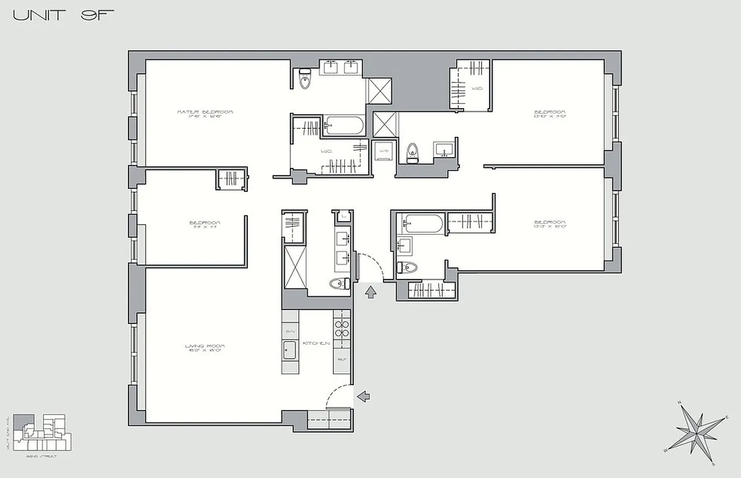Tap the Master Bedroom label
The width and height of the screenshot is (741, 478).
point(205,113)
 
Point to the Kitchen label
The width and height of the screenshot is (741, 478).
point(317,344)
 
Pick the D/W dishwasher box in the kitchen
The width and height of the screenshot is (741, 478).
point(290,331)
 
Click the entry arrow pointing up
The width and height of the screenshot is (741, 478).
point(370,292)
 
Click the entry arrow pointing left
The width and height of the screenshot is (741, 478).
point(363,396)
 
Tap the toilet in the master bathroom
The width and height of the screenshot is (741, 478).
point(305,79)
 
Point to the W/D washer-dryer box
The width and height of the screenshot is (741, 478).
point(383,151)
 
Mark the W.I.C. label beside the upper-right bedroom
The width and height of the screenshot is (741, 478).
point(477,88)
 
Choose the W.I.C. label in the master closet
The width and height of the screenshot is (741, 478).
point(326,152)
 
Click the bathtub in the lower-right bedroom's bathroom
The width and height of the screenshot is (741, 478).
point(422,224)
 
